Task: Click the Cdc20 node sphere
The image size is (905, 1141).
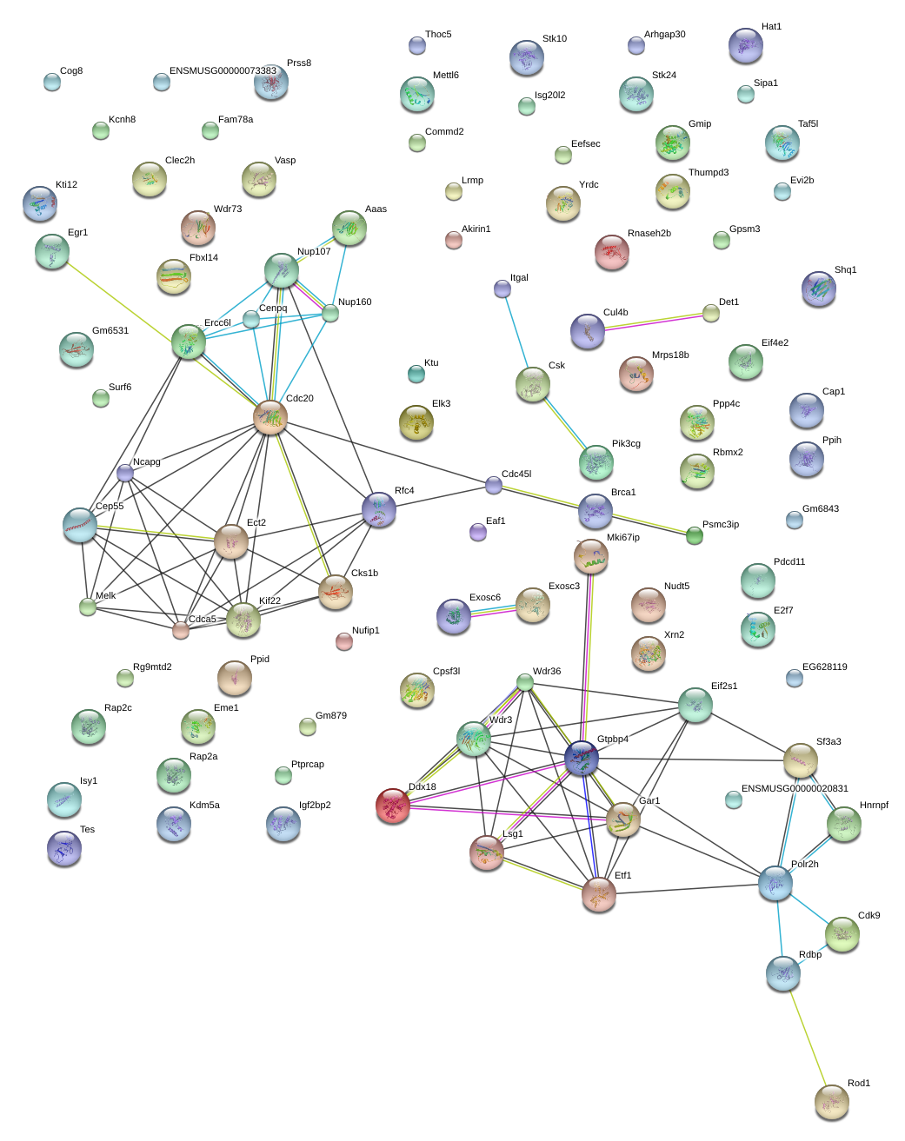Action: point(270,418)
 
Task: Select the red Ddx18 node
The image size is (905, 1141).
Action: point(393,806)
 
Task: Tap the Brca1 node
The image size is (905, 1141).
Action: point(595,511)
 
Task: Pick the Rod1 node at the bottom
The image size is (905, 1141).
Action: point(831,1102)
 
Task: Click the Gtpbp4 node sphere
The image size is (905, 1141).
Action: point(582,758)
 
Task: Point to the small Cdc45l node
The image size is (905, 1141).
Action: point(494,485)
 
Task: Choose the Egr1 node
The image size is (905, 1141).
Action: point(52,251)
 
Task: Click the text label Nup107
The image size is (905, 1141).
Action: point(314,252)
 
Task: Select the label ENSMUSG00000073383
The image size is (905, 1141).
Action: point(223,71)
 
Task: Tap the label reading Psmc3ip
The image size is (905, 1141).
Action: point(720,525)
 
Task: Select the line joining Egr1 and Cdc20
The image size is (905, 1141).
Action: point(161,335)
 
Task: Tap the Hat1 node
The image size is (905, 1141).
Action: point(746,45)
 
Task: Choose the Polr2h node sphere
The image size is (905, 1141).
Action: point(775,883)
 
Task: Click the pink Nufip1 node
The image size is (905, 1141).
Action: point(344,641)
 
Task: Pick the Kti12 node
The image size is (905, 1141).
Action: point(40,203)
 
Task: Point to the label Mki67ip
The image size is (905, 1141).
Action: point(622,538)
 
